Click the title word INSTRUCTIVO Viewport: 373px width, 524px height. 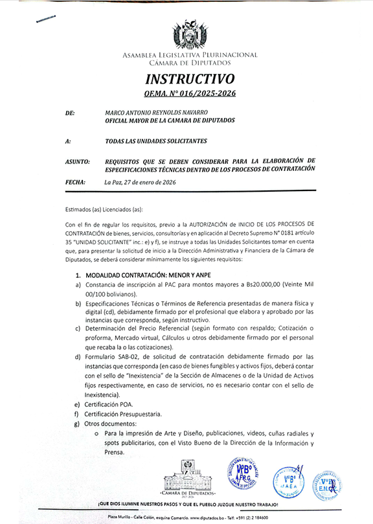pos(190,80)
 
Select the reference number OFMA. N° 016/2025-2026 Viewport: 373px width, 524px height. pos(190,94)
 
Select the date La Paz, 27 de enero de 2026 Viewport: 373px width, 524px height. pos(140,183)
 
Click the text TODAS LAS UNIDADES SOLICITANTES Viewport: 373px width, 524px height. pos(156,141)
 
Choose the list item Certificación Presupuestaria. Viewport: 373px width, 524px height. pos(123,414)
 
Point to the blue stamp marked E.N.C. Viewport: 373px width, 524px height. pos(327,484)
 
